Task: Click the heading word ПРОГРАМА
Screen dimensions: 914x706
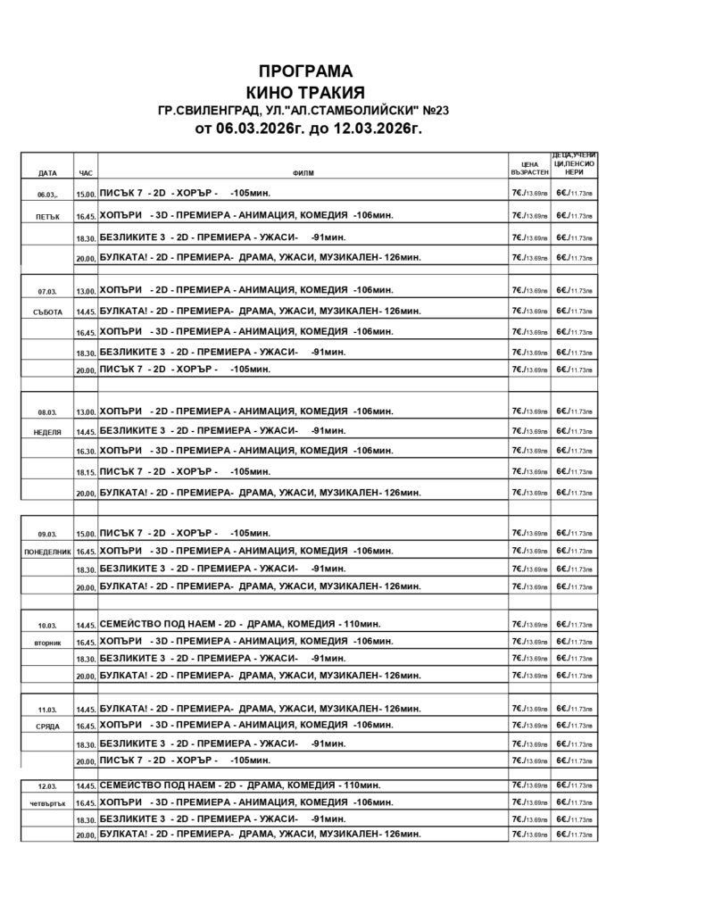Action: pyautogui.click(x=305, y=71)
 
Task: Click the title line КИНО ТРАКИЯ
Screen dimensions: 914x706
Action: pyautogui.click(x=305, y=93)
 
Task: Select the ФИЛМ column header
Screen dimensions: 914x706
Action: pyautogui.click(x=303, y=172)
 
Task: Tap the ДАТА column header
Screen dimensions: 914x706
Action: pyautogui.click(x=47, y=172)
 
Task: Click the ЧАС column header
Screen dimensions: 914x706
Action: pyautogui.click(x=86, y=172)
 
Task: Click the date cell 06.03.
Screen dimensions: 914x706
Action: pyautogui.click(x=47, y=195)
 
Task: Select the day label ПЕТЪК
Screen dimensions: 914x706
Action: pyautogui.click(x=47, y=217)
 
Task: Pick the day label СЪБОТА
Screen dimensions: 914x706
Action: pyautogui.click(x=47, y=312)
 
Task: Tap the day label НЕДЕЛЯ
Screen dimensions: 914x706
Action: pyautogui.click(x=47, y=431)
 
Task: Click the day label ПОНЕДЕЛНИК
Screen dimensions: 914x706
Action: pyautogui.click(x=47, y=552)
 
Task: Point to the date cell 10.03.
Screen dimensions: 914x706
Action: pyautogui.click(x=47, y=624)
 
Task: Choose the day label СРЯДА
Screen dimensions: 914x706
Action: pyautogui.click(x=47, y=727)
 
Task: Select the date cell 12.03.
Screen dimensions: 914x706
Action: pyautogui.click(x=47, y=786)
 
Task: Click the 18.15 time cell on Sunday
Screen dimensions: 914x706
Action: pyautogui.click(x=86, y=472)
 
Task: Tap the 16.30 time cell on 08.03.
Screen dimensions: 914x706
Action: pyautogui.click(x=86, y=452)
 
